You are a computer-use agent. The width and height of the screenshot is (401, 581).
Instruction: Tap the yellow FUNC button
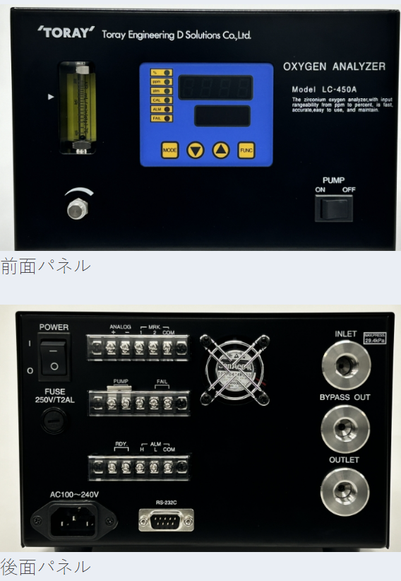(246, 150)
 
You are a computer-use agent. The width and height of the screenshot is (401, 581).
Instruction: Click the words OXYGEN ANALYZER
(334, 67)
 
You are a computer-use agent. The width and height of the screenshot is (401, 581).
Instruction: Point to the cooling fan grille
(236, 366)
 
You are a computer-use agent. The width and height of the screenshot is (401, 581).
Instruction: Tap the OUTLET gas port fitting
(345, 491)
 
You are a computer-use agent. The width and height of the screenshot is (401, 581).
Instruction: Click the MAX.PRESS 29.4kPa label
(378, 338)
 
